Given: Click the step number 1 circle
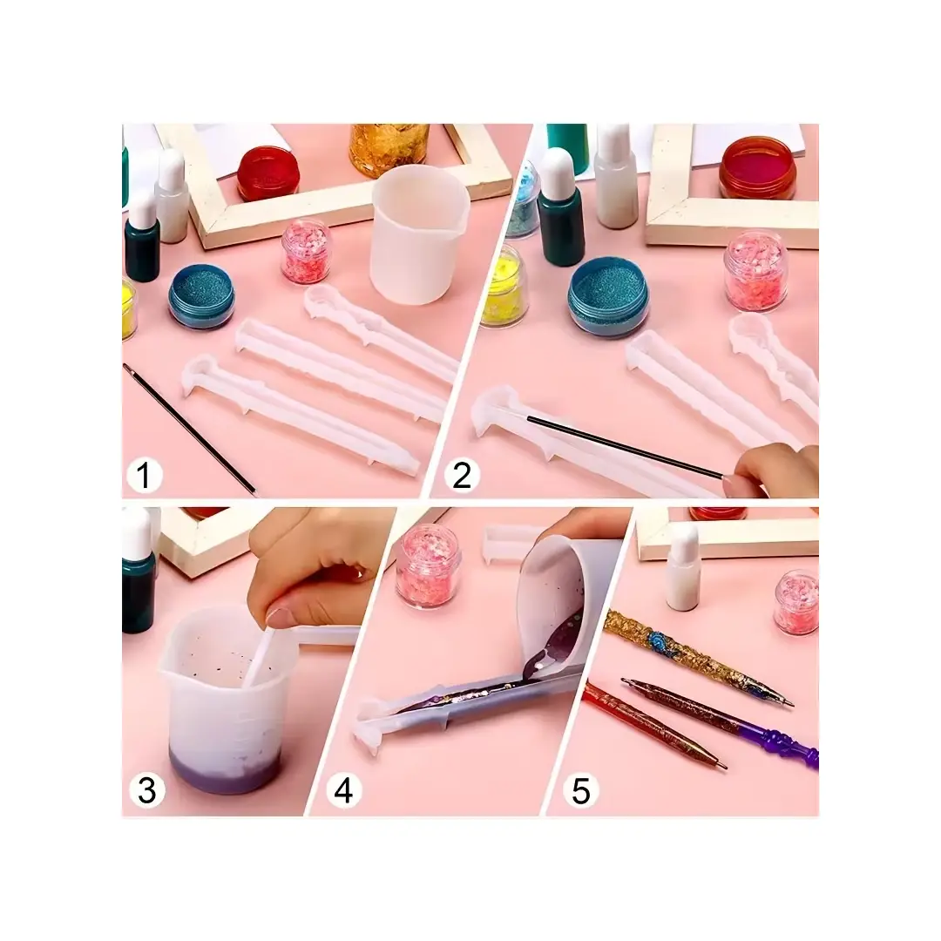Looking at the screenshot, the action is [x=144, y=476].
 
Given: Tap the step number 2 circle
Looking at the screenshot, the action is [x=462, y=476].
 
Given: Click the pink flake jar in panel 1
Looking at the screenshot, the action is [x=306, y=251].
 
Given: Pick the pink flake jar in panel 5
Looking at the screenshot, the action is [x=796, y=602].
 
